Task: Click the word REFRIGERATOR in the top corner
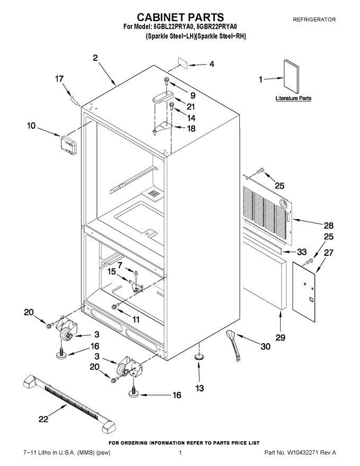pos(314,20)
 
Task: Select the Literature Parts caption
pos(293,98)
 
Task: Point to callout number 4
pos(211,64)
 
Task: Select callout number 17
pos(59,79)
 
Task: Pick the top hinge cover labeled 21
pos(163,97)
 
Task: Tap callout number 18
pos(192,128)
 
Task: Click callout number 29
pos(281,337)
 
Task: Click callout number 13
pos(200,388)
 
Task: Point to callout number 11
pos(136,319)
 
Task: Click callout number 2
pos(95,58)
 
